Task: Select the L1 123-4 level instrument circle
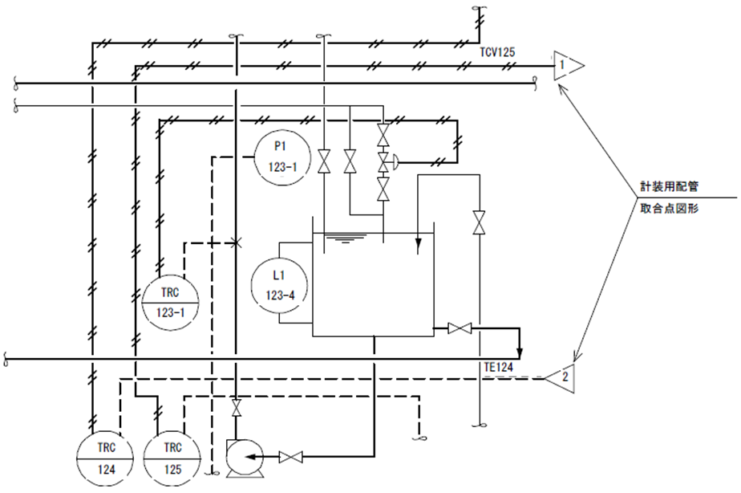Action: (x=280, y=285)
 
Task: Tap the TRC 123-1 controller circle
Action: (x=169, y=301)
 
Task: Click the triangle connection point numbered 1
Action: (x=565, y=64)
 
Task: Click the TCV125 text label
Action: (x=497, y=52)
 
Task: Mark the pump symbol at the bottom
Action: (x=240, y=458)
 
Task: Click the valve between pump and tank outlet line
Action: (x=290, y=458)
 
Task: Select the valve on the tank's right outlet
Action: (x=460, y=328)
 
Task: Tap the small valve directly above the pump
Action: (x=236, y=407)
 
